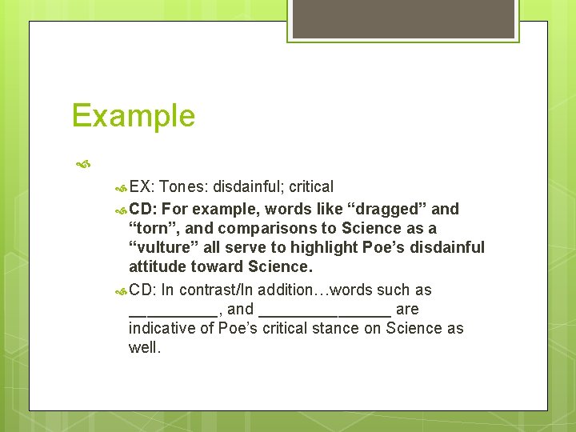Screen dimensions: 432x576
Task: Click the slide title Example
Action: [x=133, y=116]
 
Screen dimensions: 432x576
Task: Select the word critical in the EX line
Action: [x=311, y=187]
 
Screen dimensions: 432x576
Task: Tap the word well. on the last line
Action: [x=144, y=347]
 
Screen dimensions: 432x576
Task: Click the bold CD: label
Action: [x=143, y=210]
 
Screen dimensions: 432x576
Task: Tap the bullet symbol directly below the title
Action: [x=82, y=166]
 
